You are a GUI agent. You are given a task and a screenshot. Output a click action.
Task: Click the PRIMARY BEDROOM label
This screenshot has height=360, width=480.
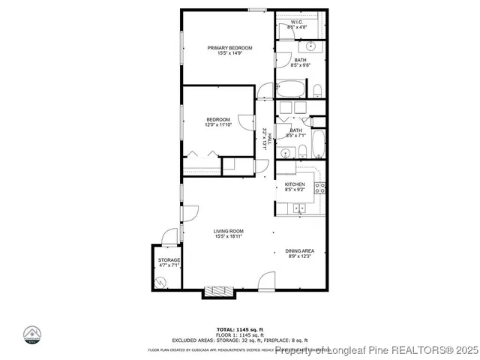229,47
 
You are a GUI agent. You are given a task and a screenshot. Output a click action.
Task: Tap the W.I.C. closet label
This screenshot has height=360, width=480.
296,22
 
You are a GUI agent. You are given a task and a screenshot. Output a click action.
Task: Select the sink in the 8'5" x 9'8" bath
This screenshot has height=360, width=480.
313,46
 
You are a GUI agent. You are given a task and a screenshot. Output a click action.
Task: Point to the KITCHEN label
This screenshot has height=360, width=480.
294,184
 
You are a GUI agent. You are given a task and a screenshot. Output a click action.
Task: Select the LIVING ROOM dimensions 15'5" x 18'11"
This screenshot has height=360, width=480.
228,236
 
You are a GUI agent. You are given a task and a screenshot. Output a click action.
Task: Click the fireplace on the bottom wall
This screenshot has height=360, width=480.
218,291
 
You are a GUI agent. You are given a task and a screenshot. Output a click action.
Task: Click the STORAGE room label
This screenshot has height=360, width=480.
168,259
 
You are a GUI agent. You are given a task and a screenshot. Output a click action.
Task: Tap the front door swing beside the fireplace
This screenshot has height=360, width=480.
266,282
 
